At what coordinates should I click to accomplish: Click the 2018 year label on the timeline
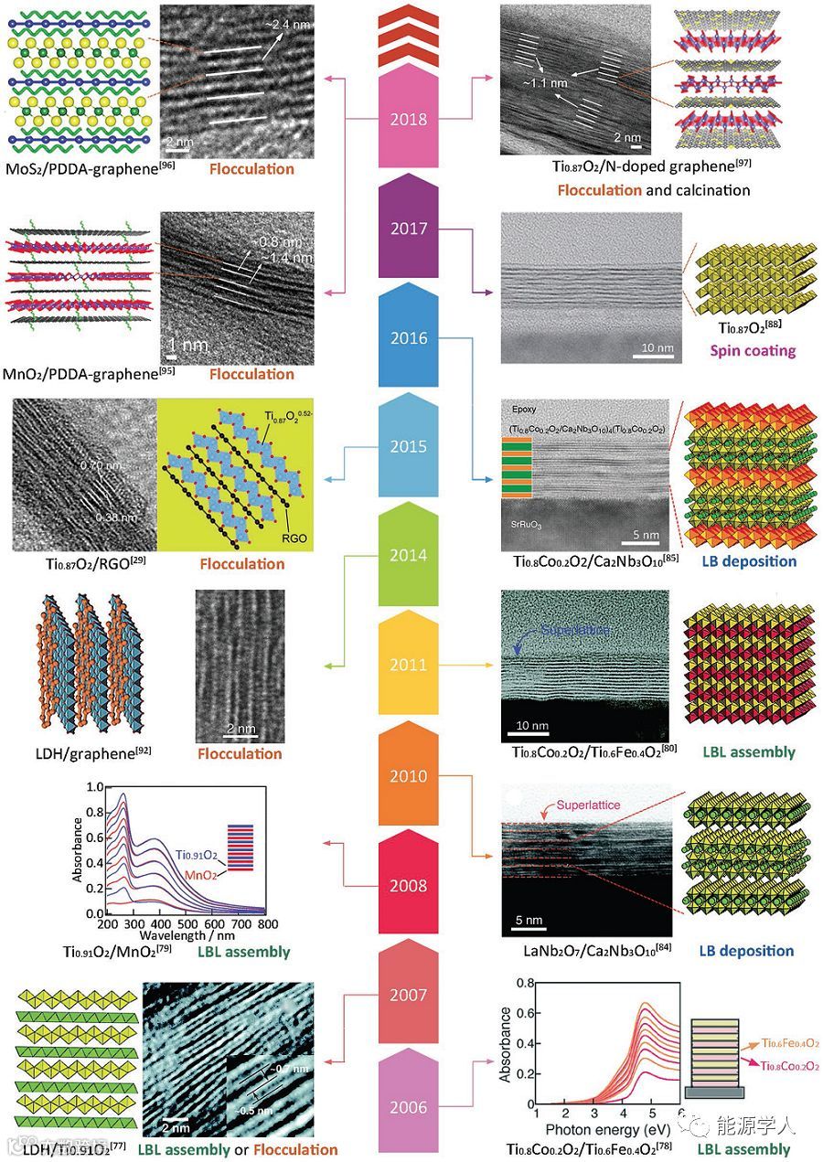click(x=409, y=119)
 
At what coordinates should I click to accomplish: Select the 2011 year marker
click(x=409, y=665)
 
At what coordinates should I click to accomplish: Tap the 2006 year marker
click(x=409, y=1107)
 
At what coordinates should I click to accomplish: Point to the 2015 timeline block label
click(x=409, y=447)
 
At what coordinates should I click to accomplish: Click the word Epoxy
click(x=525, y=410)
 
